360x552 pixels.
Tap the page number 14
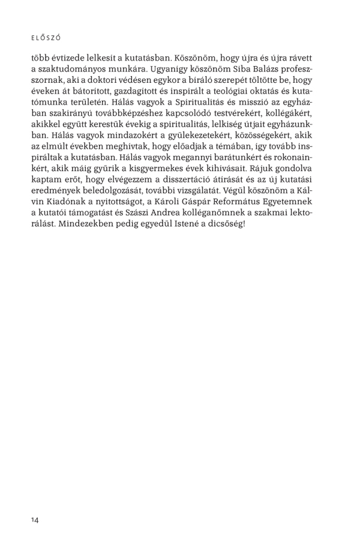(x=35, y=520)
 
